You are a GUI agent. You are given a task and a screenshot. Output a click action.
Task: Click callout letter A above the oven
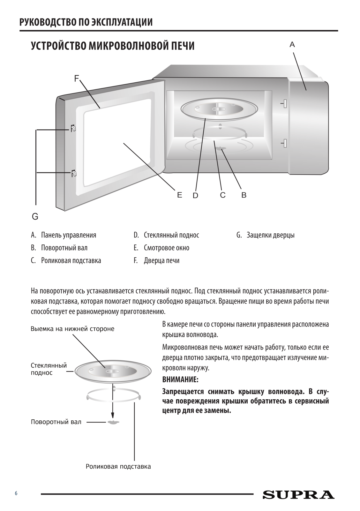coord(292,45)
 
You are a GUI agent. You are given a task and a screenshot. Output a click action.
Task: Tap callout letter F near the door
coord(77,79)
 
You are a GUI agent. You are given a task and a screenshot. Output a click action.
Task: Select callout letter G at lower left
coord(35,217)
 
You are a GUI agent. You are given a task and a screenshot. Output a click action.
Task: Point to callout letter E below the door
coord(180,195)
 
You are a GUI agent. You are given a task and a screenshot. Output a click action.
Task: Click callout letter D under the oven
coord(195,195)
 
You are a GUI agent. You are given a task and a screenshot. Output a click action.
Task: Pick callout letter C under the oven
coord(223,195)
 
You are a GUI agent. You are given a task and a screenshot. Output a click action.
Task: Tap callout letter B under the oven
coord(244,195)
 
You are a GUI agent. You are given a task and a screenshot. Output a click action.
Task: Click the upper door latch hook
coord(73,129)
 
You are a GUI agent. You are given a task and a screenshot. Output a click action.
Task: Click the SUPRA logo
coord(298,494)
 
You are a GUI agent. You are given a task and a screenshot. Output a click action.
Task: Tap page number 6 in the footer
coord(16,493)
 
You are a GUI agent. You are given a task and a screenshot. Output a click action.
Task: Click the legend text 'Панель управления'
coord(69,235)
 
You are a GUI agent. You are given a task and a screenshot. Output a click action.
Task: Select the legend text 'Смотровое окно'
coord(166,248)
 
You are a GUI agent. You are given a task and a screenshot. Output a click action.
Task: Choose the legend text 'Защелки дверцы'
coord(270,235)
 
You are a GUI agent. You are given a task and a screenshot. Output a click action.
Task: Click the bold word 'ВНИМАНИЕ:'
coord(180,380)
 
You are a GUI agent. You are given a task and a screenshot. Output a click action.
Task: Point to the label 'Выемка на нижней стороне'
coord(72,329)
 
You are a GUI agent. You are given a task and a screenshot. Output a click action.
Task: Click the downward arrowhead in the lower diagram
coord(113,415)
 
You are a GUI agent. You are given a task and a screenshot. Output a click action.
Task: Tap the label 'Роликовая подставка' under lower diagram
coord(118,467)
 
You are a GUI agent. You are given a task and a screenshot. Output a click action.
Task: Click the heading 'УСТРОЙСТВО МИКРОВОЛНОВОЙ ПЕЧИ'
coord(113,46)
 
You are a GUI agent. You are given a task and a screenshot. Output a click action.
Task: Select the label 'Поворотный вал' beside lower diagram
coord(56,422)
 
